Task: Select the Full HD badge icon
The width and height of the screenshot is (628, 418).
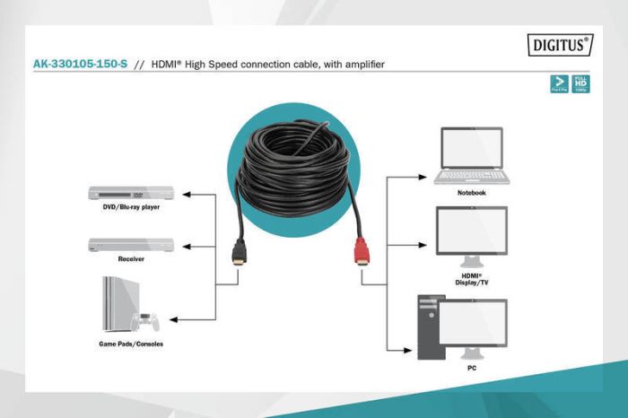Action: pyautogui.click(x=581, y=84)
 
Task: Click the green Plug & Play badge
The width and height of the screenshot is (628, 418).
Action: pyautogui.click(x=558, y=84)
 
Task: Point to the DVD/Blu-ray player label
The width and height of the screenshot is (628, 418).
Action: pyautogui.click(x=131, y=207)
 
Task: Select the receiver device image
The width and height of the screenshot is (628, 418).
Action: pyautogui.click(x=131, y=245)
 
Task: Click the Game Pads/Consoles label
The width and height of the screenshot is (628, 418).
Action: pyautogui.click(x=131, y=344)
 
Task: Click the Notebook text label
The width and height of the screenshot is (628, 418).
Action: pyautogui.click(x=471, y=192)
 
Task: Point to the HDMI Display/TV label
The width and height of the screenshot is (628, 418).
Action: pyautogui.click(x=471, y=278)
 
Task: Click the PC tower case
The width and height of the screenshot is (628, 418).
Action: pyautogui.click(x=430, y=327)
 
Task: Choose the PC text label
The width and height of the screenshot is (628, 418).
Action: pyautogui.click(x=471, y=368)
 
